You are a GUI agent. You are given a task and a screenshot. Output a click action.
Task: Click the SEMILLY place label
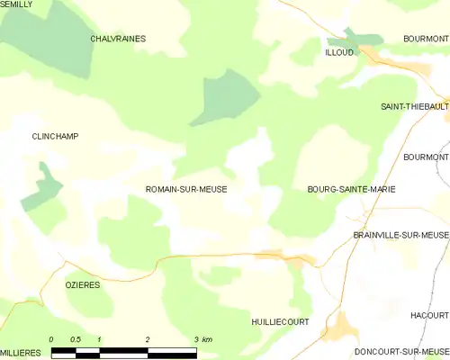[16, 4]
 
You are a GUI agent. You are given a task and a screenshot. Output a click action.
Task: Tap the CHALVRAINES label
[118, 39]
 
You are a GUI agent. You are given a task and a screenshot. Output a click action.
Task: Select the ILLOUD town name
[339, 52]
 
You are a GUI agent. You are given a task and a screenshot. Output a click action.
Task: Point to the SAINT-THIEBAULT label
[414, 106]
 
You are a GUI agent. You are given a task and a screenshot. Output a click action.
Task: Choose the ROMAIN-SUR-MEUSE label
[185, 190]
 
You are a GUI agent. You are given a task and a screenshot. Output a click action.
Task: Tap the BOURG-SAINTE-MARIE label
[351, 190]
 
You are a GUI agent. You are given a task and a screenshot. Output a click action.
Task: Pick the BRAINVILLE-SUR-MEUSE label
[400, 234]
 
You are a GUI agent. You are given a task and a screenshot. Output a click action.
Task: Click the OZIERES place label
[82, 283]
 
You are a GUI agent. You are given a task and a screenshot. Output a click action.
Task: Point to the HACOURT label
[429, 316]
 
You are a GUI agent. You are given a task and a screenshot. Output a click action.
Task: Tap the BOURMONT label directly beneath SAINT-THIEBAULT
[426, 157]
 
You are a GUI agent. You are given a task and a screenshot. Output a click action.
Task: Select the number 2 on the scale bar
[146, 339]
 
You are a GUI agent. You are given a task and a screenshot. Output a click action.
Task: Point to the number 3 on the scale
[194, 339]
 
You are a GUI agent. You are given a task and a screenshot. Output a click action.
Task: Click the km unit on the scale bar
[207, 339]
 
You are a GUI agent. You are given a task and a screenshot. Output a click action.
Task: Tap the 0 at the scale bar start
[52, 339]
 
